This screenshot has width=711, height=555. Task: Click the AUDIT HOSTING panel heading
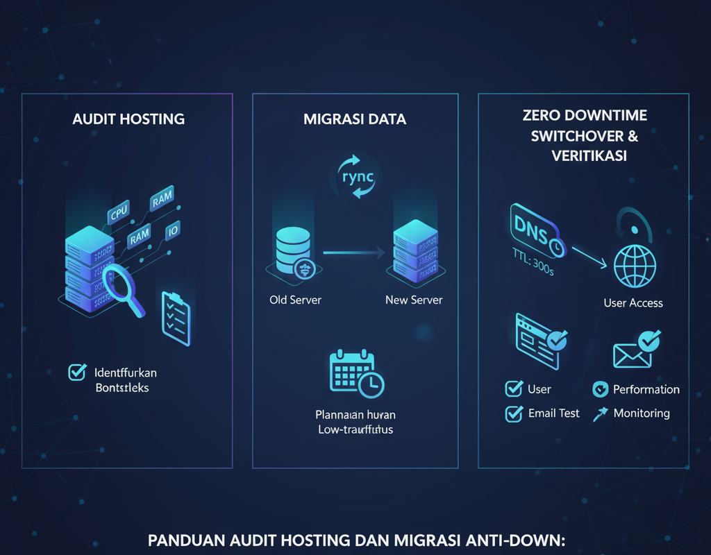pyautogui.click(x=128, y=119)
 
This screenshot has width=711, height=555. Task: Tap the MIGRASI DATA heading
pyautogui.click(x=355, y=119)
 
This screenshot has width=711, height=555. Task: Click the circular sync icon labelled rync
pyautogui.click(x=355, y=178)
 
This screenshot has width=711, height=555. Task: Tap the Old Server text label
pyautogui.click(x=295, y=300)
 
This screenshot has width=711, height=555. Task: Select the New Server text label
pyautogui.click(x=414, y=300)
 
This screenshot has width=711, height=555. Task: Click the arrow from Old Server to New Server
pyautogui.click(x=354, y=253)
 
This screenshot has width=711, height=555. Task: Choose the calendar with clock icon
pyautogui.click(x=355, y=375)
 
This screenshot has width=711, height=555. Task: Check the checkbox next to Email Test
pyautogui.click(x=514, y=413)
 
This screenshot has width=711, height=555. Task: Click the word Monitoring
pyautogui.click(x=642, y=413)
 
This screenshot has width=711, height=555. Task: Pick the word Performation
pyautogui.click(x=646, y=390)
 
